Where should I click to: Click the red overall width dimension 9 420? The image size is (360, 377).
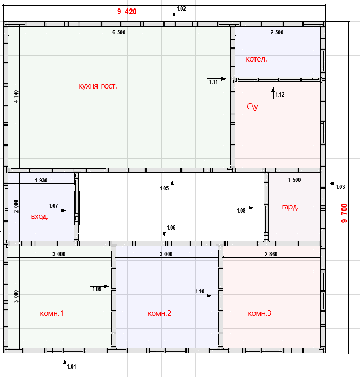click(127, 12)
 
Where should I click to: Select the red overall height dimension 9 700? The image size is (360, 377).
click(344, 213)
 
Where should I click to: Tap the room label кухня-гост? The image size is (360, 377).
click(98, 86)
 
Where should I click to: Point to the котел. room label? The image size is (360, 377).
click(256, 59)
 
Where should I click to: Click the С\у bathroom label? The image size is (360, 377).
click(252, 107)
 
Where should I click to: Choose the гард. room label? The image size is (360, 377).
click(290, 207)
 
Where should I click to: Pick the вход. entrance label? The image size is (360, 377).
click(40, 217)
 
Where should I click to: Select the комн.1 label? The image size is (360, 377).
click(52, 313)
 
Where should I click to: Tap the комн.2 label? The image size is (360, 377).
click(159, 313)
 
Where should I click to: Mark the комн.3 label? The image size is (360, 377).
click(259, 313)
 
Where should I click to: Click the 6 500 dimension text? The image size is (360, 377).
click(119, 32)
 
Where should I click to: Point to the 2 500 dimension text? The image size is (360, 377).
click(277, 32)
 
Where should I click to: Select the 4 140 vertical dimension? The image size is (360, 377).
click(16, 97)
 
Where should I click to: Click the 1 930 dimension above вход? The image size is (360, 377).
click(41, 180)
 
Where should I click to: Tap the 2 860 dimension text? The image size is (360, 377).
click(271, 254)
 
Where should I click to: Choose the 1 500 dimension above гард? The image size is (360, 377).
click(294, 180)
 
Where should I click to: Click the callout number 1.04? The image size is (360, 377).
click(72, 366)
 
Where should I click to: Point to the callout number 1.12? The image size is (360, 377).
click(280, 94)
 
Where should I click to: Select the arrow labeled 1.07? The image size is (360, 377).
click(56, 211)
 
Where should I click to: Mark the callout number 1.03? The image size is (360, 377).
click(340, 187)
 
